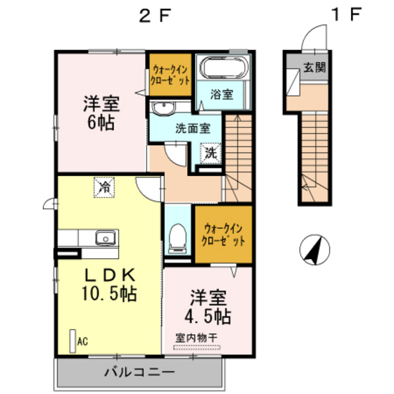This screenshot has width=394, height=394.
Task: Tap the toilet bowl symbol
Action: (179, 234)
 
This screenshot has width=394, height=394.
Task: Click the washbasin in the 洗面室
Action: (164, 108)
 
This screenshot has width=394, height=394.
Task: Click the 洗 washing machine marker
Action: (210, 151)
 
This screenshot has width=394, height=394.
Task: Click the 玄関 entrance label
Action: (314, 68)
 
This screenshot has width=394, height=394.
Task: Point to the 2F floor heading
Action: (155, 16)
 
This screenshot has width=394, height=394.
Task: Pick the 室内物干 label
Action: (196, 337)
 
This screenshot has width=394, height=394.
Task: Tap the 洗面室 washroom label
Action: (193, 129)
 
